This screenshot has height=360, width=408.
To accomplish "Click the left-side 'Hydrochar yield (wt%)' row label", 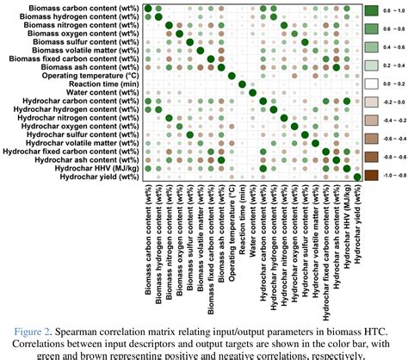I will (x=96, y=177).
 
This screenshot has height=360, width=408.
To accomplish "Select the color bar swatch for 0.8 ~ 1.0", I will (x=373, y=12).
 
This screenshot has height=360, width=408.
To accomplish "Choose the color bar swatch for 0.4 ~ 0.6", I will (x=373, y=47).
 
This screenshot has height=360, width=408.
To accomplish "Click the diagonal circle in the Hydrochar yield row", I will (x=358, y=177).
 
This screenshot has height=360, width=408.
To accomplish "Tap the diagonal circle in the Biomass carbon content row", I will (x=149, y=10).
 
